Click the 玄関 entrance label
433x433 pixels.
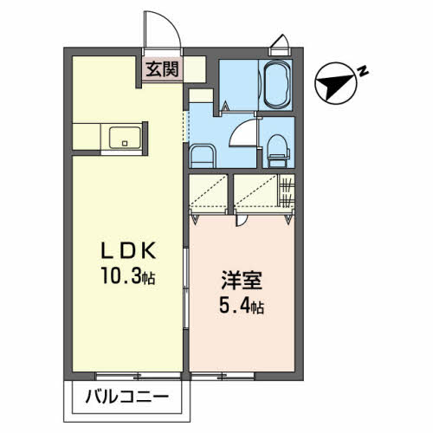pyautogui.click(x=162, y=69)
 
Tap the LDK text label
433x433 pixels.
pyautogui.click(x=128, y=250)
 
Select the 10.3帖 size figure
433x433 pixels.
pyautogui.click(x=128, y=275)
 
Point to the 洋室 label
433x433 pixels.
pyautogui.click(x=242, y=280)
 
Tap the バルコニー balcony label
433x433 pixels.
pyautogui.click(x=127, y=397)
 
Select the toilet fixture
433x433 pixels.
pyautogui.click(x=278, y=151)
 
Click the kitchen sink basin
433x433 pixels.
pyautogui.click(x=125, y=138)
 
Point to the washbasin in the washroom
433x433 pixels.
pyautogui.click(x=203, y=156)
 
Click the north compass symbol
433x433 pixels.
pyautogui.click(x=335, y=83)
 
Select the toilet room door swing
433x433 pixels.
pyautogui.click(x=242, y=132)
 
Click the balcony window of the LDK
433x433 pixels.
pyautogui.click(x=138, y=376)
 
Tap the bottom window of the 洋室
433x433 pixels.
pyautogui.click(x=223, y=376)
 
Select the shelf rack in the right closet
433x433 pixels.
pyautogui.click(x=286, y=191)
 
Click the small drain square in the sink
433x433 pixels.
pyautogui.click(x=125, y=143)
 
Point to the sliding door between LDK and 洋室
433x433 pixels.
pyautogui.click(x=186, y=288)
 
